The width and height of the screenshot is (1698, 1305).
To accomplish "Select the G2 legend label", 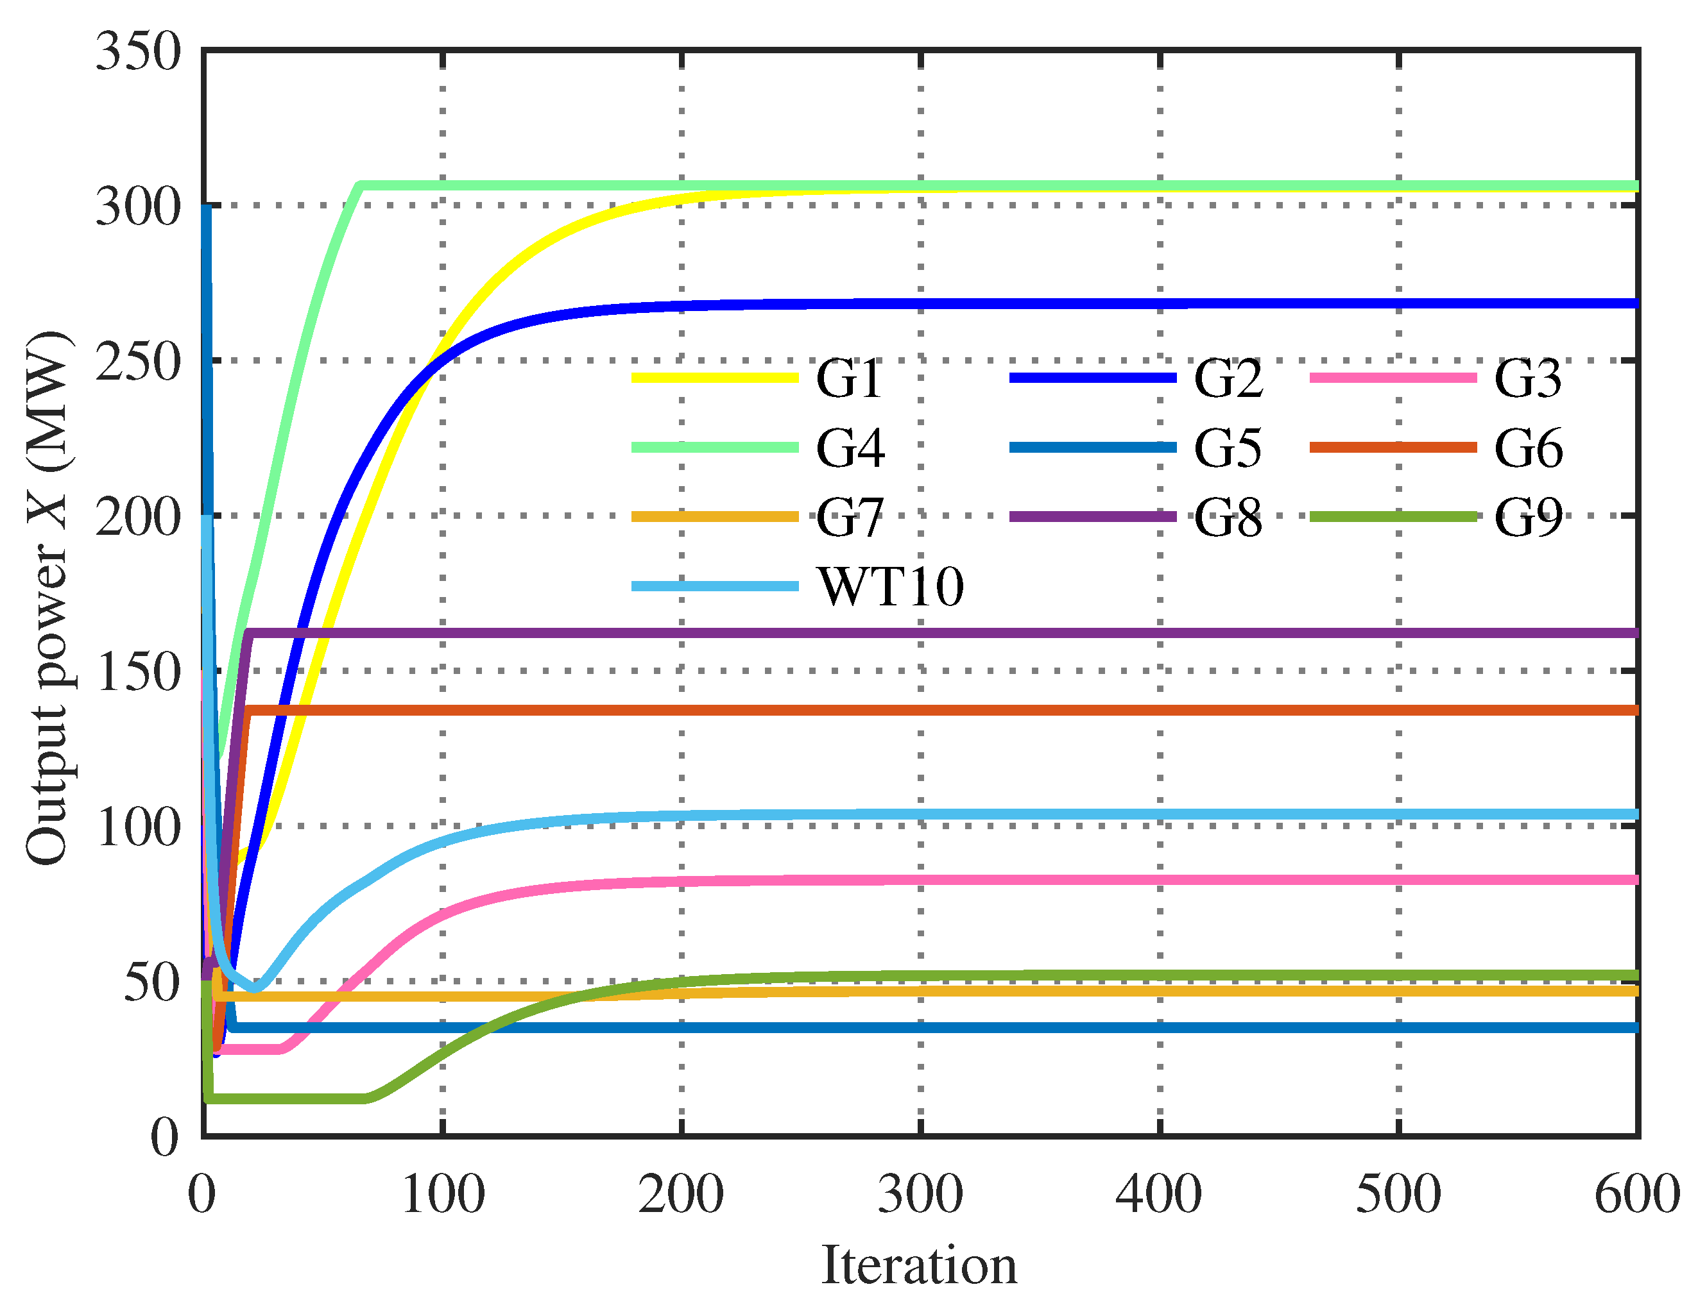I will (1228, 379).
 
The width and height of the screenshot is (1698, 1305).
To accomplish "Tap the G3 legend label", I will (1528, 379).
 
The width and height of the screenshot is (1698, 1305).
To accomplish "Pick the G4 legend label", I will (850, 448).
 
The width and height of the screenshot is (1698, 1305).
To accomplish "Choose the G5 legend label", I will (1228, 448).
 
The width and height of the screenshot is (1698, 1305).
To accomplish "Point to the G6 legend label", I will (1529, 448).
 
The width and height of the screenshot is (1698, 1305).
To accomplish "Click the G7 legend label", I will (850, 518).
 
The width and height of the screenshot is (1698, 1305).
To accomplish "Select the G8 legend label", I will (1228, 518).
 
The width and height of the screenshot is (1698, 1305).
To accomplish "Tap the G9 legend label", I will (1529, 518).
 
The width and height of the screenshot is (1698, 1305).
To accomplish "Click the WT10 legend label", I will (891, 587).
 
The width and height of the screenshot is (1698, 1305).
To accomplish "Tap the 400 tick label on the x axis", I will (1159, 1194).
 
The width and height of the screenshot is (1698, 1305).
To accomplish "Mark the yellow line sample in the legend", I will (715, 378).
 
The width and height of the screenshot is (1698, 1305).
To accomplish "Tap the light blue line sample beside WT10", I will (715, 585).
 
